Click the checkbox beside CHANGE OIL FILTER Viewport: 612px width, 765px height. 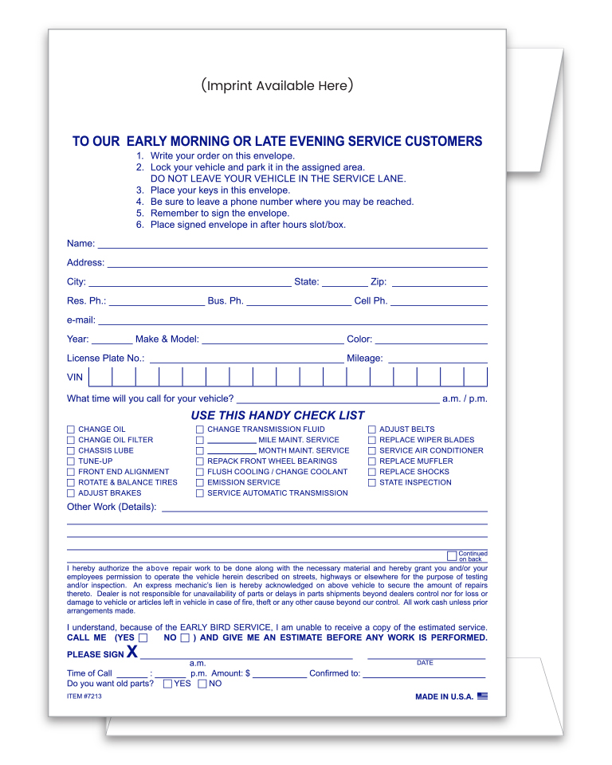pyautogui.click(x=71, y=440)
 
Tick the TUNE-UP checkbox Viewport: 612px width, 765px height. pyautogui.click(x=71, y=461)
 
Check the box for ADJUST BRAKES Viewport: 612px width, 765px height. pyautogui.click(x=71, y=493)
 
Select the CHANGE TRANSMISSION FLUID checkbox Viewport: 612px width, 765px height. pyautogui.click(x=200, y=430)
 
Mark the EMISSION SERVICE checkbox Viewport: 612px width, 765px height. pyautogui.click(x=200, y=483)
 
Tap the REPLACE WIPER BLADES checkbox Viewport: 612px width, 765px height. pyautogui.click(x=372, y=440)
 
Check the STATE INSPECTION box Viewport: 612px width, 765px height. pyautogui.click(x=372, y=483)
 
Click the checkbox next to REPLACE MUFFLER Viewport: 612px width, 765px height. pyautogui.click(x=372, y=461)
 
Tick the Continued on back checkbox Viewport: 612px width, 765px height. pyautogui.click(x=452, y=555)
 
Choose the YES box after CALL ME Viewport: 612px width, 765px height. pyautogui.click(x=143, y=638)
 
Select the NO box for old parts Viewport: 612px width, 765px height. pyautogui.click(x=202, y=684)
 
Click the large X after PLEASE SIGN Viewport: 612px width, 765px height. pyautogui.click(x=132, y=653)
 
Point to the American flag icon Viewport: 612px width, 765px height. pyautogui.click(x=482, y=696)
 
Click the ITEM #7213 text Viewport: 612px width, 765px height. pyautogui.click(x=84, y=696)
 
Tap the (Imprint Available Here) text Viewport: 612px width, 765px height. pyautogui.click(x=277, y=85)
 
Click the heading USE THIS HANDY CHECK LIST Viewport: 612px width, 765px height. pyautogui.click(x=277, y=415)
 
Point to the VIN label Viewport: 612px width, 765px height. pyautogui.click(x=75, y=378)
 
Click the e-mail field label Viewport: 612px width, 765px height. pyautogui.click(x=81, y=320)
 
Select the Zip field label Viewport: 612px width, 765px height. pyautogui.click(x=379, y=282)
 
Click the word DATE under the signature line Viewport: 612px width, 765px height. pyautogui.click(x=425, y=663)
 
